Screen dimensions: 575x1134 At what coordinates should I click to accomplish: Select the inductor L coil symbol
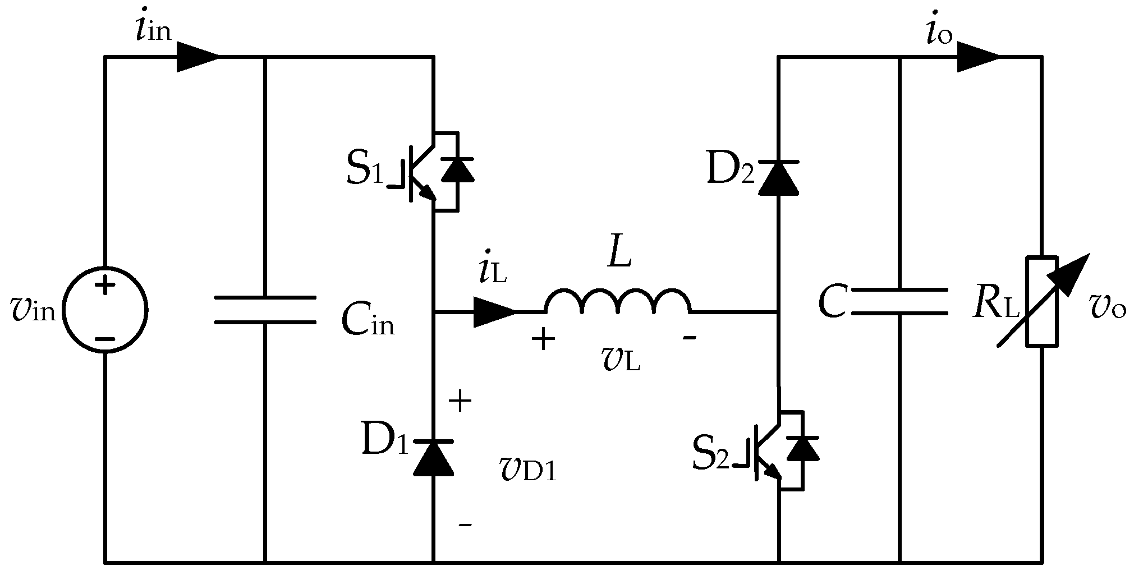pos(617,302)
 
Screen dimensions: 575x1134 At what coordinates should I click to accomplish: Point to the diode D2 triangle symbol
pos(778,177)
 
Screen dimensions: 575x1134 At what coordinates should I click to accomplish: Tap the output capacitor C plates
pos(899,302)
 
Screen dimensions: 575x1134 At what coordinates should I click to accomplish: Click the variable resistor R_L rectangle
pos(1042,301)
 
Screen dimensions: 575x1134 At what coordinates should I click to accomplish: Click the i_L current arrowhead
pos(494,311)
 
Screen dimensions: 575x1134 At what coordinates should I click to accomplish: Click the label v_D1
pos(527,470)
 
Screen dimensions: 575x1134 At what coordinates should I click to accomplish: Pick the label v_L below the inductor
pos(621,361)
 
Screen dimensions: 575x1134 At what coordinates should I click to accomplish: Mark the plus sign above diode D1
pos(461,402)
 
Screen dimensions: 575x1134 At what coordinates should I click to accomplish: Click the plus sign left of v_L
pos(543,339)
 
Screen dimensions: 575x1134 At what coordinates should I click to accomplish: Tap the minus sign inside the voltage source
pos(105,339)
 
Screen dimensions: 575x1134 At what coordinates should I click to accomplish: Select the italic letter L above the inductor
pos(619,256)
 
